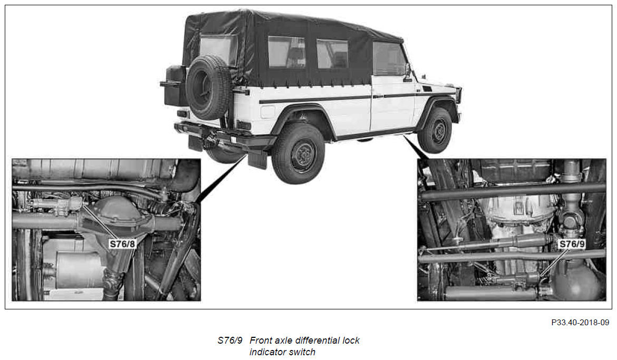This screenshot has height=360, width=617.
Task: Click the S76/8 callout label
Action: [122, 244]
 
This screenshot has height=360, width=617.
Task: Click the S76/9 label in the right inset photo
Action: [572, 244]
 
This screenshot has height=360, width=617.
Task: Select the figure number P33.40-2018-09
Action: [580, 323]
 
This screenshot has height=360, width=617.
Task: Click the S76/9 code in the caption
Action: [230, 340]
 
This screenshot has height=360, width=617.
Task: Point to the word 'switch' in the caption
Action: [302, 352]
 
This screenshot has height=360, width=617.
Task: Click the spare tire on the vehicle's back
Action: [208, 87]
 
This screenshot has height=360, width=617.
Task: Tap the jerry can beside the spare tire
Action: [175, 86]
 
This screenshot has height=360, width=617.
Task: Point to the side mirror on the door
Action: [408, 72]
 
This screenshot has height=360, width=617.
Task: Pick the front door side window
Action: [388, 58]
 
